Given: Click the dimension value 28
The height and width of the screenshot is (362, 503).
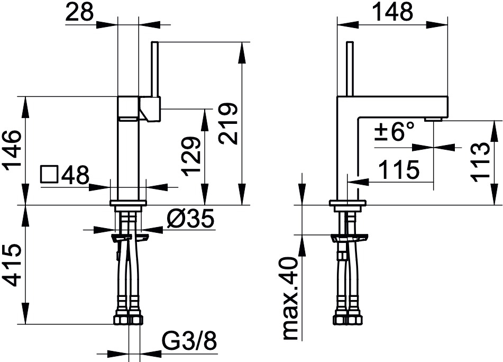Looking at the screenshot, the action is [x=79, y=12].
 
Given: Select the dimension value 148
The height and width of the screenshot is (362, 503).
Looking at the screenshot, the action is [x=394, y=12].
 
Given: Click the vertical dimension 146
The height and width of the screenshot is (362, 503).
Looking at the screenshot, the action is [x=12, y=148].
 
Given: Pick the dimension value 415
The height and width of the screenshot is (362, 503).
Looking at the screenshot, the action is [x=12, y=265].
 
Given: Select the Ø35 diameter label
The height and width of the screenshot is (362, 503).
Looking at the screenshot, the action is [x=190, y=220].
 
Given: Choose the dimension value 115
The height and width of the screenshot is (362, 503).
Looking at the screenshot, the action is [x=398, y=169].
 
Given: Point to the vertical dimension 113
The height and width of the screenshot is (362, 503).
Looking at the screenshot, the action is [x=480, y=162].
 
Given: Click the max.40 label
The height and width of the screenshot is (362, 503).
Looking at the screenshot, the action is [x=291, y=298].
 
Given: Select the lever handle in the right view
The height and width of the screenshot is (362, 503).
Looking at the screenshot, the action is [x=350, y=69].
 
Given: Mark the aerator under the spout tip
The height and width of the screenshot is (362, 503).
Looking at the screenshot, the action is [x=433, y=120].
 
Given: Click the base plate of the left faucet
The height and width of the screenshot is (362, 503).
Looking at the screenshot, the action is [x=129, y=203].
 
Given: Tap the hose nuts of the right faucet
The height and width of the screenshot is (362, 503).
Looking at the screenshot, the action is [x=347, y=319].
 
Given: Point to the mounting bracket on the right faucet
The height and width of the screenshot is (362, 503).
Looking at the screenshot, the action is [x=349, y=238].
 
